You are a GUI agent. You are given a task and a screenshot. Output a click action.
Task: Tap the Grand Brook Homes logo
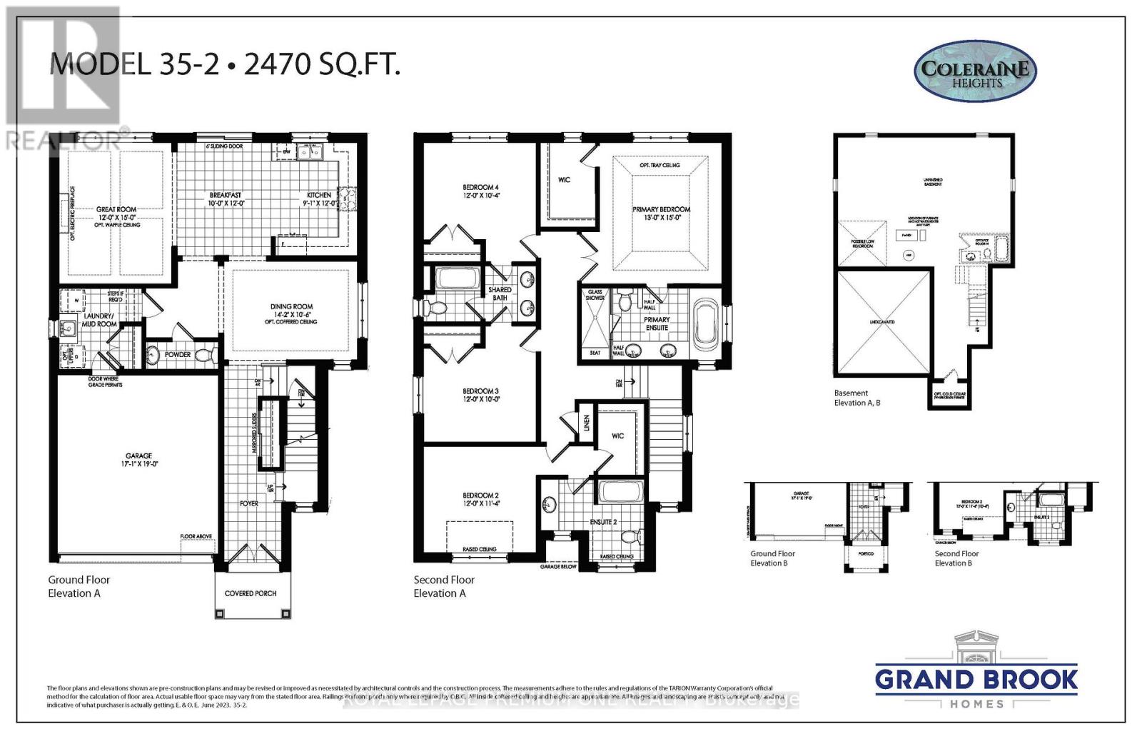pos(976,672)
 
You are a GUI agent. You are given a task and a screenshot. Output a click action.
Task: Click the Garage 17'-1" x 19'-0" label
pos(138,460)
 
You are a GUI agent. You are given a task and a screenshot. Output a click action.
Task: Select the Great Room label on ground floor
pos(116,210)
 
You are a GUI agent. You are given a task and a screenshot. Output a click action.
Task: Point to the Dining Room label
pos(291,307)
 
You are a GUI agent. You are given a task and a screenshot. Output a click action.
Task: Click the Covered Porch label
pos(251,593)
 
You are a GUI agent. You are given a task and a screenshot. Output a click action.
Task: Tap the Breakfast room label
pos(226,195)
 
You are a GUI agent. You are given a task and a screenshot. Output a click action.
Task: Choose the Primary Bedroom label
pos(661,210)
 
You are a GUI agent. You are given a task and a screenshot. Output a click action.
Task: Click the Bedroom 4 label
pos(480,188)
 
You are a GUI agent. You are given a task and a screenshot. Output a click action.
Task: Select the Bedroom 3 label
pos(480,391)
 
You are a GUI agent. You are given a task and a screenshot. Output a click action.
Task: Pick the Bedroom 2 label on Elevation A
pos(480,496)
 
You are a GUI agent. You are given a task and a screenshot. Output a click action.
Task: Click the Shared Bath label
pos(500,293)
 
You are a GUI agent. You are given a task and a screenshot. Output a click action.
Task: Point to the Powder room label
pos(178,355)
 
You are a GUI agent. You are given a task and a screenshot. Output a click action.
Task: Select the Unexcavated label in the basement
pos(882,322)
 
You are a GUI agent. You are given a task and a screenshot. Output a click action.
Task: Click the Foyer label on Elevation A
pos(249,503)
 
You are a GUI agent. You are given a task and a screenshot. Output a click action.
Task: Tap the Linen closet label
pos(587,423)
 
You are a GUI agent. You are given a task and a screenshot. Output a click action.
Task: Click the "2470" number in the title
pos(275,65)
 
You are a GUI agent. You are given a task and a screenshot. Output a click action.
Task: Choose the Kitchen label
pos(319,195)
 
